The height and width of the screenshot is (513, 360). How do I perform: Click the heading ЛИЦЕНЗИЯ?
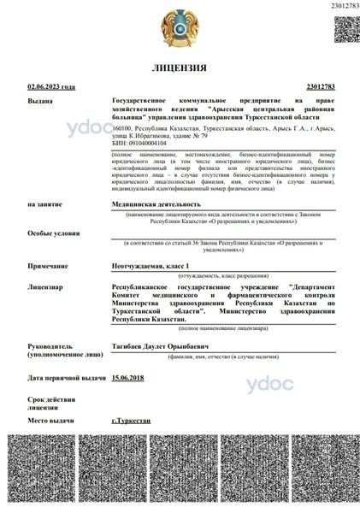[x=179, y=67]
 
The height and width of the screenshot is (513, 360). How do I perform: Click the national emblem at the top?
[x=180, y=27]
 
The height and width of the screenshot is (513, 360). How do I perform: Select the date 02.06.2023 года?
[x=51, y=87]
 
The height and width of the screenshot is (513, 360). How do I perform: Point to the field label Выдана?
[x=39, y=101]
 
